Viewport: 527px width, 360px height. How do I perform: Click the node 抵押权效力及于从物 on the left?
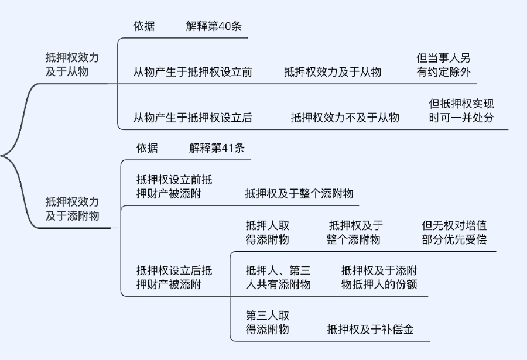[72, 65]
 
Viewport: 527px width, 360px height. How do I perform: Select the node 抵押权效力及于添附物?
[72, 208]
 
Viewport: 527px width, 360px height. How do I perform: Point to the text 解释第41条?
[217, 148]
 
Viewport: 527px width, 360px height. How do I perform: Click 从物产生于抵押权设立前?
[193, 72]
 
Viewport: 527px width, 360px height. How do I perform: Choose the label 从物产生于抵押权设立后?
[193, 118]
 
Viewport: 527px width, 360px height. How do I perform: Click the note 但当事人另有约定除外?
[443, 65]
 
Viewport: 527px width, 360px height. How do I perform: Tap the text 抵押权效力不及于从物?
[345, 118]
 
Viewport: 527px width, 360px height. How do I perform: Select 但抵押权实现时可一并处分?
[461, 111]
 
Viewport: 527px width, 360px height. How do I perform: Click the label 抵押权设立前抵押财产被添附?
[174, 187]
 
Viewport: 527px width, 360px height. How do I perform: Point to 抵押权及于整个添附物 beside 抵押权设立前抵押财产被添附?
[299, 194]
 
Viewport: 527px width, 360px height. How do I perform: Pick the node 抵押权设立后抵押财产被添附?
[174, 277]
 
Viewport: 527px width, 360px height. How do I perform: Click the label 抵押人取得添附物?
[268, 232]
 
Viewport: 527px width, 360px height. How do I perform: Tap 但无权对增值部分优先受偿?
[454, 232]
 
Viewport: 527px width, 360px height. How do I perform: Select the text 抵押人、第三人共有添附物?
[278, 277]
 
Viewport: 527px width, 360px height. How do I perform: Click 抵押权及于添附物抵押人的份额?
[379, 277]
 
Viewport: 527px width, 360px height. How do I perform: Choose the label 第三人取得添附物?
[268, 323]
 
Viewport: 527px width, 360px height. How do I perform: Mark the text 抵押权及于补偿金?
[370, 330]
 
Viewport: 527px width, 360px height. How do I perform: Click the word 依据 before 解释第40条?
[144, 26]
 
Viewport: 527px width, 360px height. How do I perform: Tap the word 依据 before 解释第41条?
[147, 148]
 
